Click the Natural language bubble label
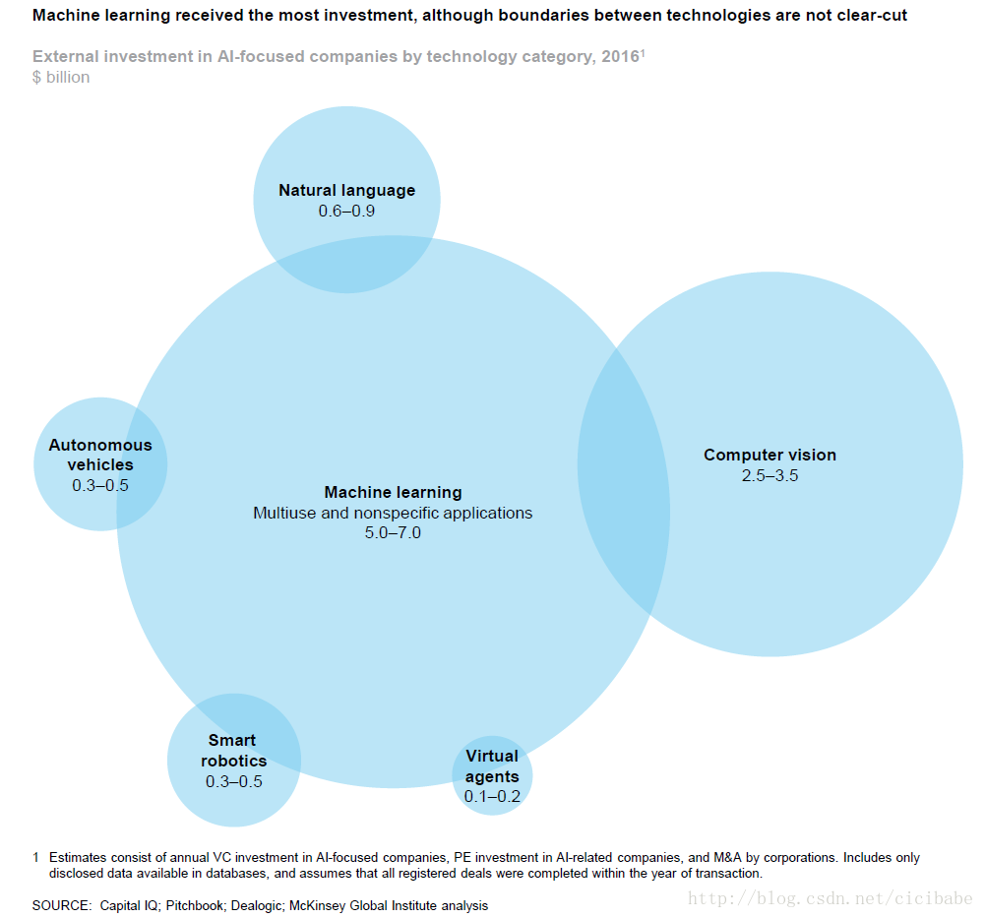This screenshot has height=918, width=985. click(x=346, y=190)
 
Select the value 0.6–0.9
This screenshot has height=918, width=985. click(x=346, y=212)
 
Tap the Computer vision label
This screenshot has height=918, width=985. click(x=770, y=455)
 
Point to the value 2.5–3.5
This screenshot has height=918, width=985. click(x=770, y=475)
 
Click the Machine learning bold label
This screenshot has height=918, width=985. click(x=394, y=493)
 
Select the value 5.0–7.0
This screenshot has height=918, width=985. click(x=394, y=533)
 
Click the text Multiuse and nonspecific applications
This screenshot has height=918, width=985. click(x=393, y=513)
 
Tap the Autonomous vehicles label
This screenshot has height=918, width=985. click(x=100, y=455)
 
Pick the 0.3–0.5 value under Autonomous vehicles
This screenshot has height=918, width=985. click(x=100, y=486)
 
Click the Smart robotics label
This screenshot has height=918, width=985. click(x=233, y=750)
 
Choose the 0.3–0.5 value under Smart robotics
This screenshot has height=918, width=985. click(x=233, y=781)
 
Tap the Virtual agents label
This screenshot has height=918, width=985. click(x=492, y=765)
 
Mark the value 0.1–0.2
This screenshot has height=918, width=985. click(x=492, y=797)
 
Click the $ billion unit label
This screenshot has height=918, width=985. click(x=61, y=78)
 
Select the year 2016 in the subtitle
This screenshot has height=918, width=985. click(x=621, y=56)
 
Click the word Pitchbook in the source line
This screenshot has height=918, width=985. click(x=194, y=905)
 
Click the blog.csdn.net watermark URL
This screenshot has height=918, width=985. click(x=830, y=898)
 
